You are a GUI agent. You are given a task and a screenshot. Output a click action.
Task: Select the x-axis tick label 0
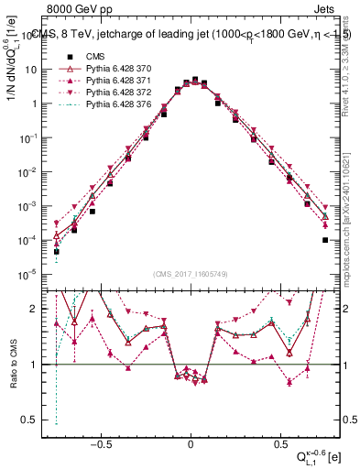(x=191, y=441)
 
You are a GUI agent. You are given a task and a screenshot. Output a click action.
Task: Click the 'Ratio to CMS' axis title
(x=13, y=365)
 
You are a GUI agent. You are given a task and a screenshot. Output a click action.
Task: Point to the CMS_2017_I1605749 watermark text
(x=191, y=276)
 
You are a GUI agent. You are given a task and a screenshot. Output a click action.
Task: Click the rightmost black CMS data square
(x=325, y=240)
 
